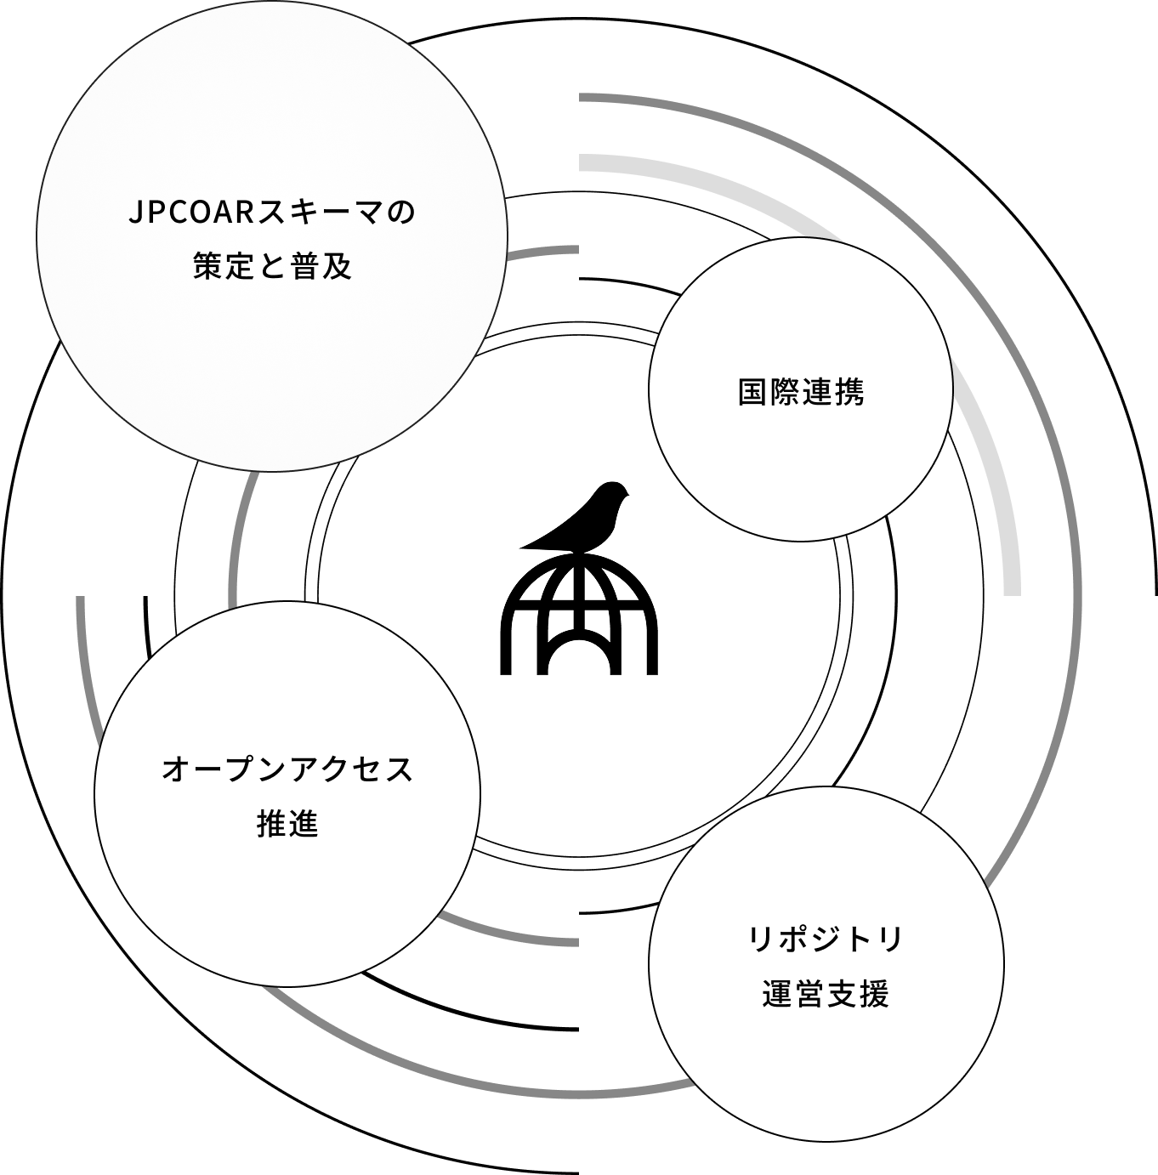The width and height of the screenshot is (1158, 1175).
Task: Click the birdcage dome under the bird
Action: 579,615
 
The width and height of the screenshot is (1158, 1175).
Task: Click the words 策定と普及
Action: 273,266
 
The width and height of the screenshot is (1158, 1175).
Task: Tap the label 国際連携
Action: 801,391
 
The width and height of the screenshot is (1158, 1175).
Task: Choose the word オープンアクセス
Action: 288,769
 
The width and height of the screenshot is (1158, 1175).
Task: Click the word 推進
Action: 288,824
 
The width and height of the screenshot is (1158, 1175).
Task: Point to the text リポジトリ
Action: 825,939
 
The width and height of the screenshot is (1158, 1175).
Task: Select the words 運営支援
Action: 826,994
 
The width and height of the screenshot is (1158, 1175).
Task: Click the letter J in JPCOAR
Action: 136,213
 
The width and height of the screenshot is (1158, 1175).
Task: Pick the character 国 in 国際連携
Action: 752,391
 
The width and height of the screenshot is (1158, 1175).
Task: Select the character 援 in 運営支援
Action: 874,994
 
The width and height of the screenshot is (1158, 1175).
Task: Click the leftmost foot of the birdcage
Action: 506,652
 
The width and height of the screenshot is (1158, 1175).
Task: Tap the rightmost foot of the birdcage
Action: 652,652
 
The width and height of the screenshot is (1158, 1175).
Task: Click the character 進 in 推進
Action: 304,824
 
